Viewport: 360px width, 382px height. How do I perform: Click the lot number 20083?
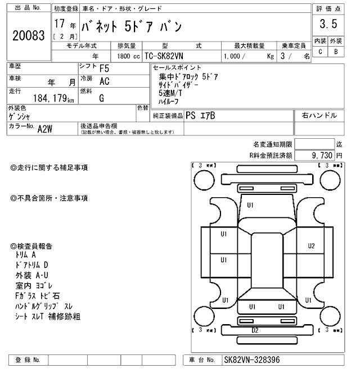tap(28, 36)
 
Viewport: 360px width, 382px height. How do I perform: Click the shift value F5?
tap(105, 69)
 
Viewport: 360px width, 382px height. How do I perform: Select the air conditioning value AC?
tap(104, 81)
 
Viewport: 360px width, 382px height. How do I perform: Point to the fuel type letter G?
tap(102, 98)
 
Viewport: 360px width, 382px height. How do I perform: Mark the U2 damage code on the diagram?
tap(311, 245)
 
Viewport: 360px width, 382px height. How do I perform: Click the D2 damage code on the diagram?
tap(255, 330)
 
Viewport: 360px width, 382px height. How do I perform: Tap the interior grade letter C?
tap(320, 52)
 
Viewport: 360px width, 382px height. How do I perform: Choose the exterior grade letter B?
tap(336, 52)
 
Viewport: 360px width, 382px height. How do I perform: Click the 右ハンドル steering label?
tap(319, 116)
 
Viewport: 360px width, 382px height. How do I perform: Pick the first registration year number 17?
tap(59, 25)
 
